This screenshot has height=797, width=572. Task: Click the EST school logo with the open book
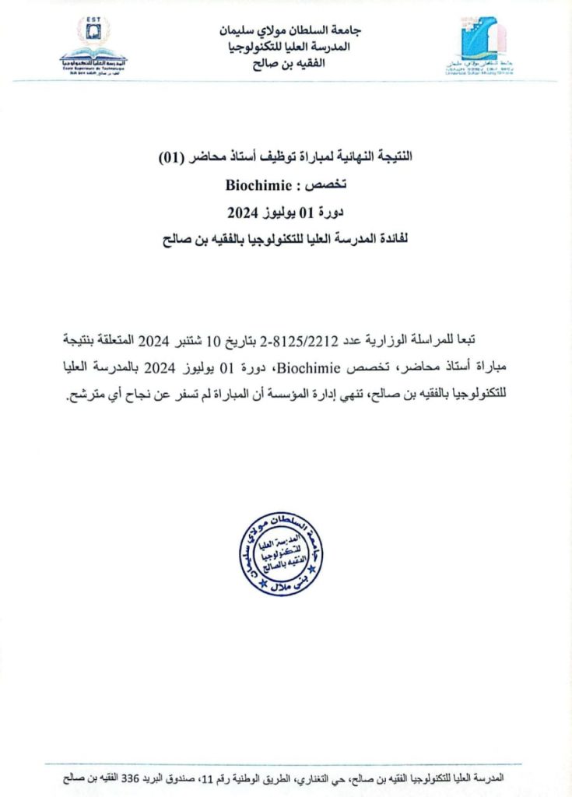(x=93, y=47)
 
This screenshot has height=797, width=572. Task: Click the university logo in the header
(x=483, y=47)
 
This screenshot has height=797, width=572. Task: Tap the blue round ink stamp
(x=282, y=553)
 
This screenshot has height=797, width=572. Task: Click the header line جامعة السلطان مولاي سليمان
(x=290, y=31)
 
